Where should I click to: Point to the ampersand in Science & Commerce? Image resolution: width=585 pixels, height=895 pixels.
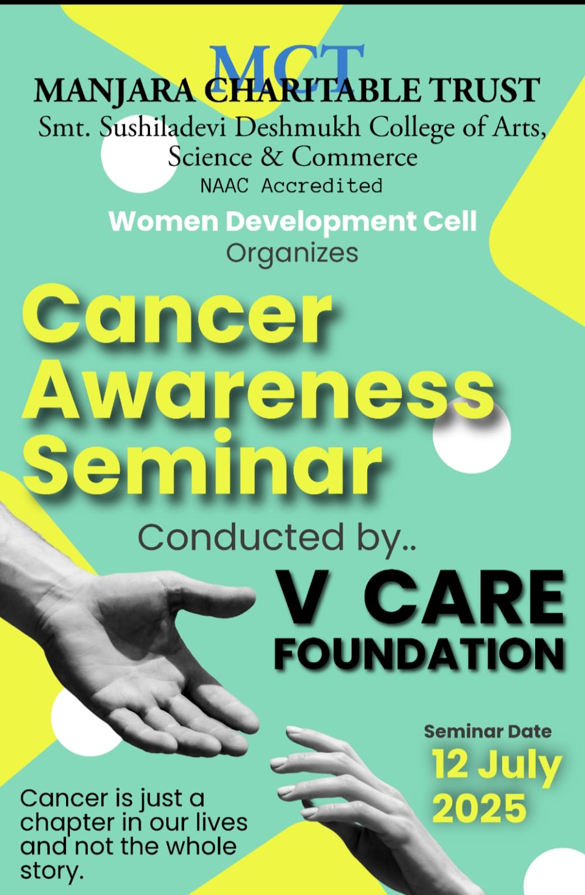pyautogui.click(x=272, y=157)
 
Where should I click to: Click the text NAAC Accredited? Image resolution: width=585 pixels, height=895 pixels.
pyautogui.click(x=291, y=186)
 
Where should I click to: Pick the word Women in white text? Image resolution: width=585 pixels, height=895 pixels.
pyautogui.click(x=163, y=221)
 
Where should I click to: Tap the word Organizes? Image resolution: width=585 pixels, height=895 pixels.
pyautogui.click(x=292, y=254)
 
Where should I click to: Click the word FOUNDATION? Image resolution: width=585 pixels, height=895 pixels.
pyautogui.click(x=419, y=654)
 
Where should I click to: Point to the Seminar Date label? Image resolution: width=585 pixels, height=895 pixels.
pyautogui.click(x=488, y=732)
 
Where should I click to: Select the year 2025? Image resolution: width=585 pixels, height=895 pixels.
pyautogui.click(x=479, y=808)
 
